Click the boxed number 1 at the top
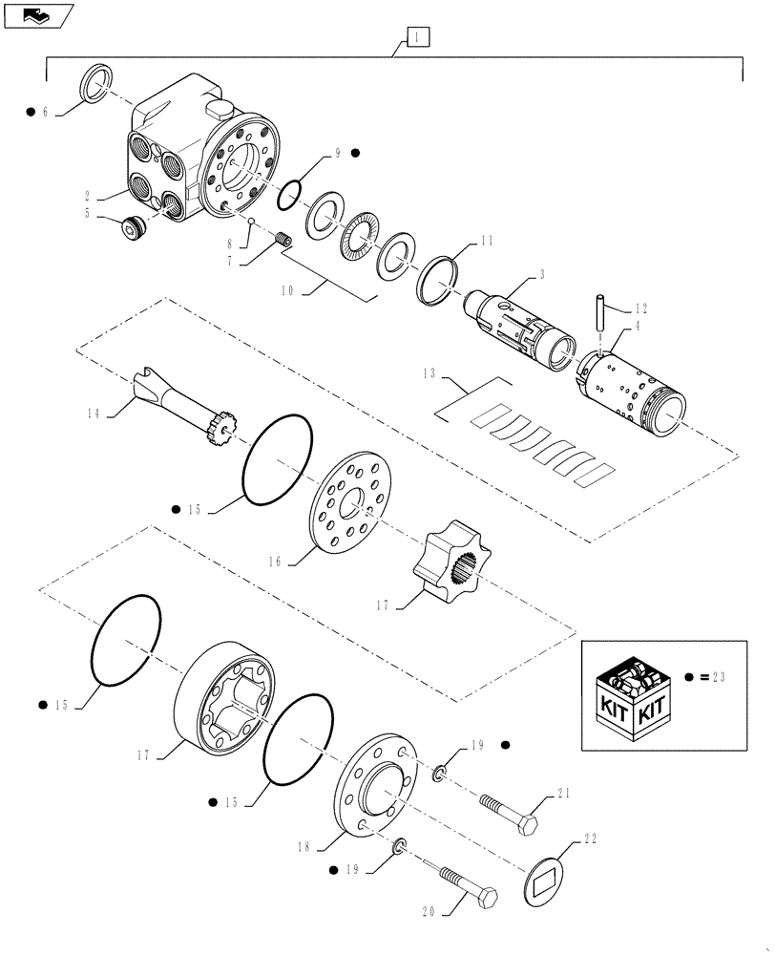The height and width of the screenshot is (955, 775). pyautogui.click(x=418, y=37)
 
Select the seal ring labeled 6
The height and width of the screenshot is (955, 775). pyautogui.click(x=96, y=83)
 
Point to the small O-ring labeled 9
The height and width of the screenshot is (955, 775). pyautogui.click(x=290, y=195)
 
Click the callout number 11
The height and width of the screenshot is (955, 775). pyautogui.click(x=487, y=243)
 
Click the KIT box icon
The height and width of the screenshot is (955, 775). pyautogui.click(x=633, y=694)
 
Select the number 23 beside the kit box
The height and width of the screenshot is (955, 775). pyautogui.click(x=717, y=677)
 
